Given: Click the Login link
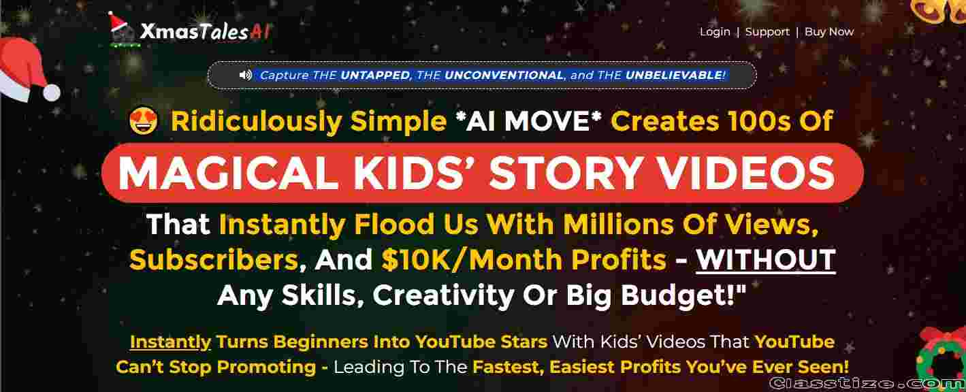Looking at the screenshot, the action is pyautogui.click(x=715, y=32).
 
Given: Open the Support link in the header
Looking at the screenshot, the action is pyautogui.click(x=767, y=32).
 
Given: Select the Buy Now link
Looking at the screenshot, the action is pyautogui.click(x=829, y=32).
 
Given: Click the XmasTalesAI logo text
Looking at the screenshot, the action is pyautogui.click(x=206, y=31).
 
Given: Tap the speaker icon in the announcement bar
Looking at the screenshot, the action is pyautogui.click(x=245, y=75).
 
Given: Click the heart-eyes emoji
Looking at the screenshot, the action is pyautogui.click(x=144, y=121).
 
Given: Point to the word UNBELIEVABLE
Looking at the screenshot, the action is pyautogui.click(x=675, y=75).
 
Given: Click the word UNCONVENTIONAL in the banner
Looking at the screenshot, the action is pyautogui.click(x=504, y=75).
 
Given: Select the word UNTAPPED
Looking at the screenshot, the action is pyautogui.click(x=375, y=75).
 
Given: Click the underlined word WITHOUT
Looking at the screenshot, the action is pyautogui.click(x=766, y=259).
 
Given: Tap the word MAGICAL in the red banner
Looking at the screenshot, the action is pyautogui.click(x=228, y=173).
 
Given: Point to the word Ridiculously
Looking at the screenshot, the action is pyautogui.click(x=257, y=120).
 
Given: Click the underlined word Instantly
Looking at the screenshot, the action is pyautogui.click(x=170, y=342).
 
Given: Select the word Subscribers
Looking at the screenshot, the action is pyautogui.click(x=214, y=259).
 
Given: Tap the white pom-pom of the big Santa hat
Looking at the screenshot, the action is pyautogui.click(x=52, y=93).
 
